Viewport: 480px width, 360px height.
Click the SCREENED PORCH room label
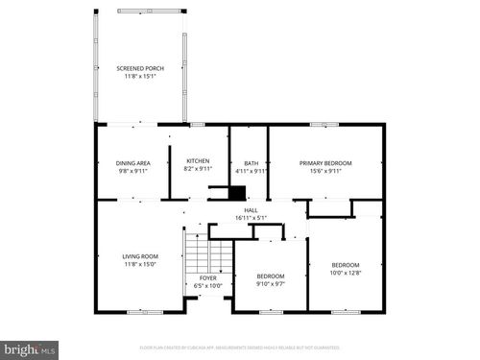[140, 68]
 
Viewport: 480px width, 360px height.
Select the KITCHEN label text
[198, 161]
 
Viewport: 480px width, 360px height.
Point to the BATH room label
[251, 163]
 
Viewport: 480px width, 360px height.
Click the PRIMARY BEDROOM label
[325, 163]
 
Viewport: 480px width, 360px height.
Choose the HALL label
[251, 210]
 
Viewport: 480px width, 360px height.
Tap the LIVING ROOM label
[140, 256]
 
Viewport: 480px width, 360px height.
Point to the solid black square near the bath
[237, 192]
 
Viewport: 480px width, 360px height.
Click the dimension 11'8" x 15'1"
[140, 76]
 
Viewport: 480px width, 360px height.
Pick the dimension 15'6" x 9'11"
[325, 171]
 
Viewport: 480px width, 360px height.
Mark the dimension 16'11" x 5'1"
[251, 217]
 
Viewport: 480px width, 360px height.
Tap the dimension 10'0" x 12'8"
[346, 273]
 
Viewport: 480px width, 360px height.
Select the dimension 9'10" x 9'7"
[272, 284]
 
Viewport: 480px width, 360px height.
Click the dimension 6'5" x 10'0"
[208, 286]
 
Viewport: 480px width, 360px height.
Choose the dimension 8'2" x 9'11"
[198, 169]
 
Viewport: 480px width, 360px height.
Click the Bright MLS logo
[30, 349]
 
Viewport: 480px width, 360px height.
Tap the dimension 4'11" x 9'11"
[251, 171]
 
